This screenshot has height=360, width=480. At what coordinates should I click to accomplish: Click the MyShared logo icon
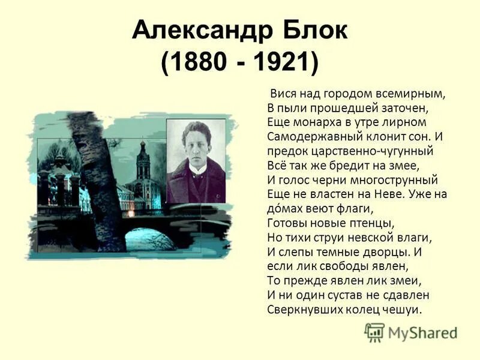coord(375,332)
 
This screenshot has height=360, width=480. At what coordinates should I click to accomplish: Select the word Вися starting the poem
coord(281,94)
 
